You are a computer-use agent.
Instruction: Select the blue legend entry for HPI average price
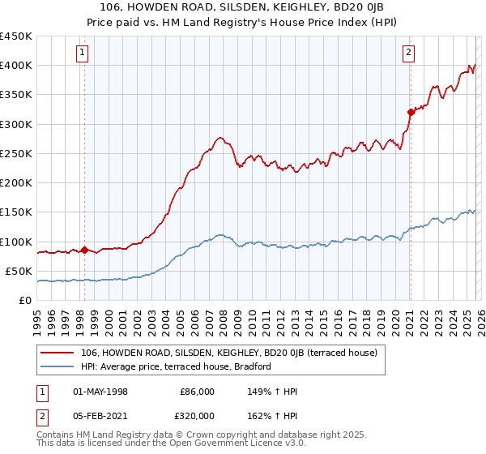(x=179, y=366)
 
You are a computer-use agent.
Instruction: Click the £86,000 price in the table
(x=197, y=391)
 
